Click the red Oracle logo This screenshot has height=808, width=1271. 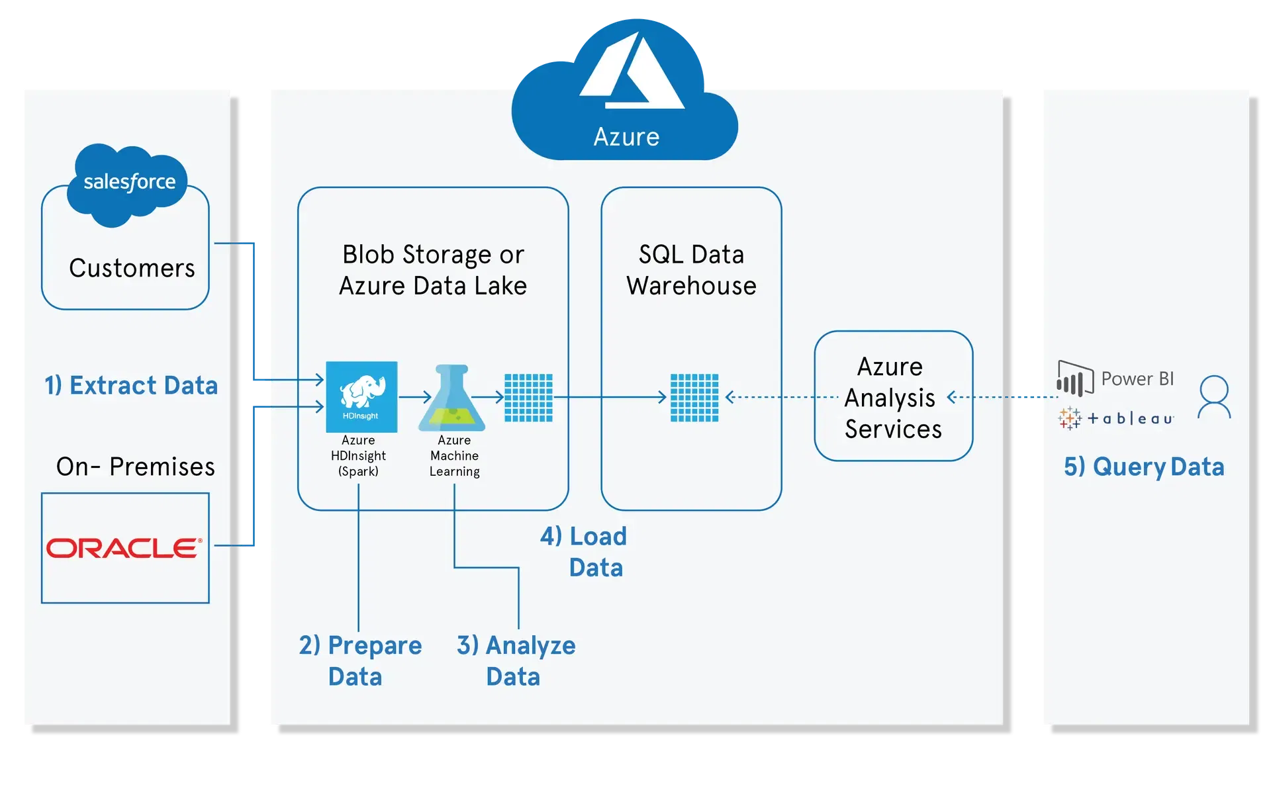(124, 548)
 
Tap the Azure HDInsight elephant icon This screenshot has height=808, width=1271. (361, 396)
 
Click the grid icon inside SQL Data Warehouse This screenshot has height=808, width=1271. (694, 398)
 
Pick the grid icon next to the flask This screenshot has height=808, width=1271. (528, 398)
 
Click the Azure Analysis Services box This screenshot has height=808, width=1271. (893, 396)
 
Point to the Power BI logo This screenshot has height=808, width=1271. (1115, 379)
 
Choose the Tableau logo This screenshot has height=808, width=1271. (1116, 418)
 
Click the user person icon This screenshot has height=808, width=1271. (1214, 397)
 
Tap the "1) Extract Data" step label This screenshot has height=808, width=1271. (131, 385)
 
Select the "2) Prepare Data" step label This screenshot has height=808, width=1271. (359, 660)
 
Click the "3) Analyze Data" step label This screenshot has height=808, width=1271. (516, 660)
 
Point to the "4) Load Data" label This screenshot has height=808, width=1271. (584, 551)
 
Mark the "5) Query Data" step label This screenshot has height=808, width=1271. (1144, 467)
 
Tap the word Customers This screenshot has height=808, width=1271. (132, 268)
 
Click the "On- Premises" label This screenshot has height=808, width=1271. (136, 467)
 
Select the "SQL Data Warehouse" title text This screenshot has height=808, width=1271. (691, 270)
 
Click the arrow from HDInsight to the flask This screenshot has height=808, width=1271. (415, 397)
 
